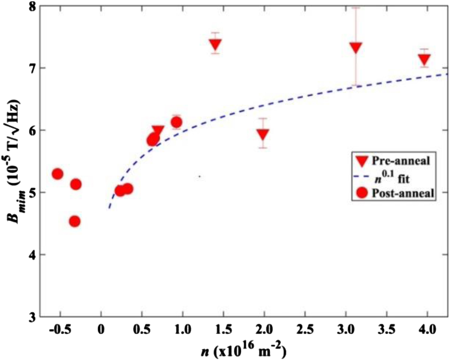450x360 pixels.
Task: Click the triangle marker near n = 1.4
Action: click(x=215, y=44)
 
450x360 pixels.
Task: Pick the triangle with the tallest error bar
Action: click(x=355, y=47)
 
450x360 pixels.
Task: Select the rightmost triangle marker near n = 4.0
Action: click(x=424, y=60)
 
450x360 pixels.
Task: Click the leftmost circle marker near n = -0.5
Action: click(x=58, y=174)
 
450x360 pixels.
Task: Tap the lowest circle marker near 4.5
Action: click(x=75, y=222)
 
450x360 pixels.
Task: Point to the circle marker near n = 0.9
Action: click(x=176, y=122)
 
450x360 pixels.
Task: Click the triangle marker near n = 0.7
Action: click(x=158, y=131)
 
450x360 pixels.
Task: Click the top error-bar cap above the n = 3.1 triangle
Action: click(x=355, y=7)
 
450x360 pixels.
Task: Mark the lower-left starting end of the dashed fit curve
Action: click(x=109, y=208)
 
